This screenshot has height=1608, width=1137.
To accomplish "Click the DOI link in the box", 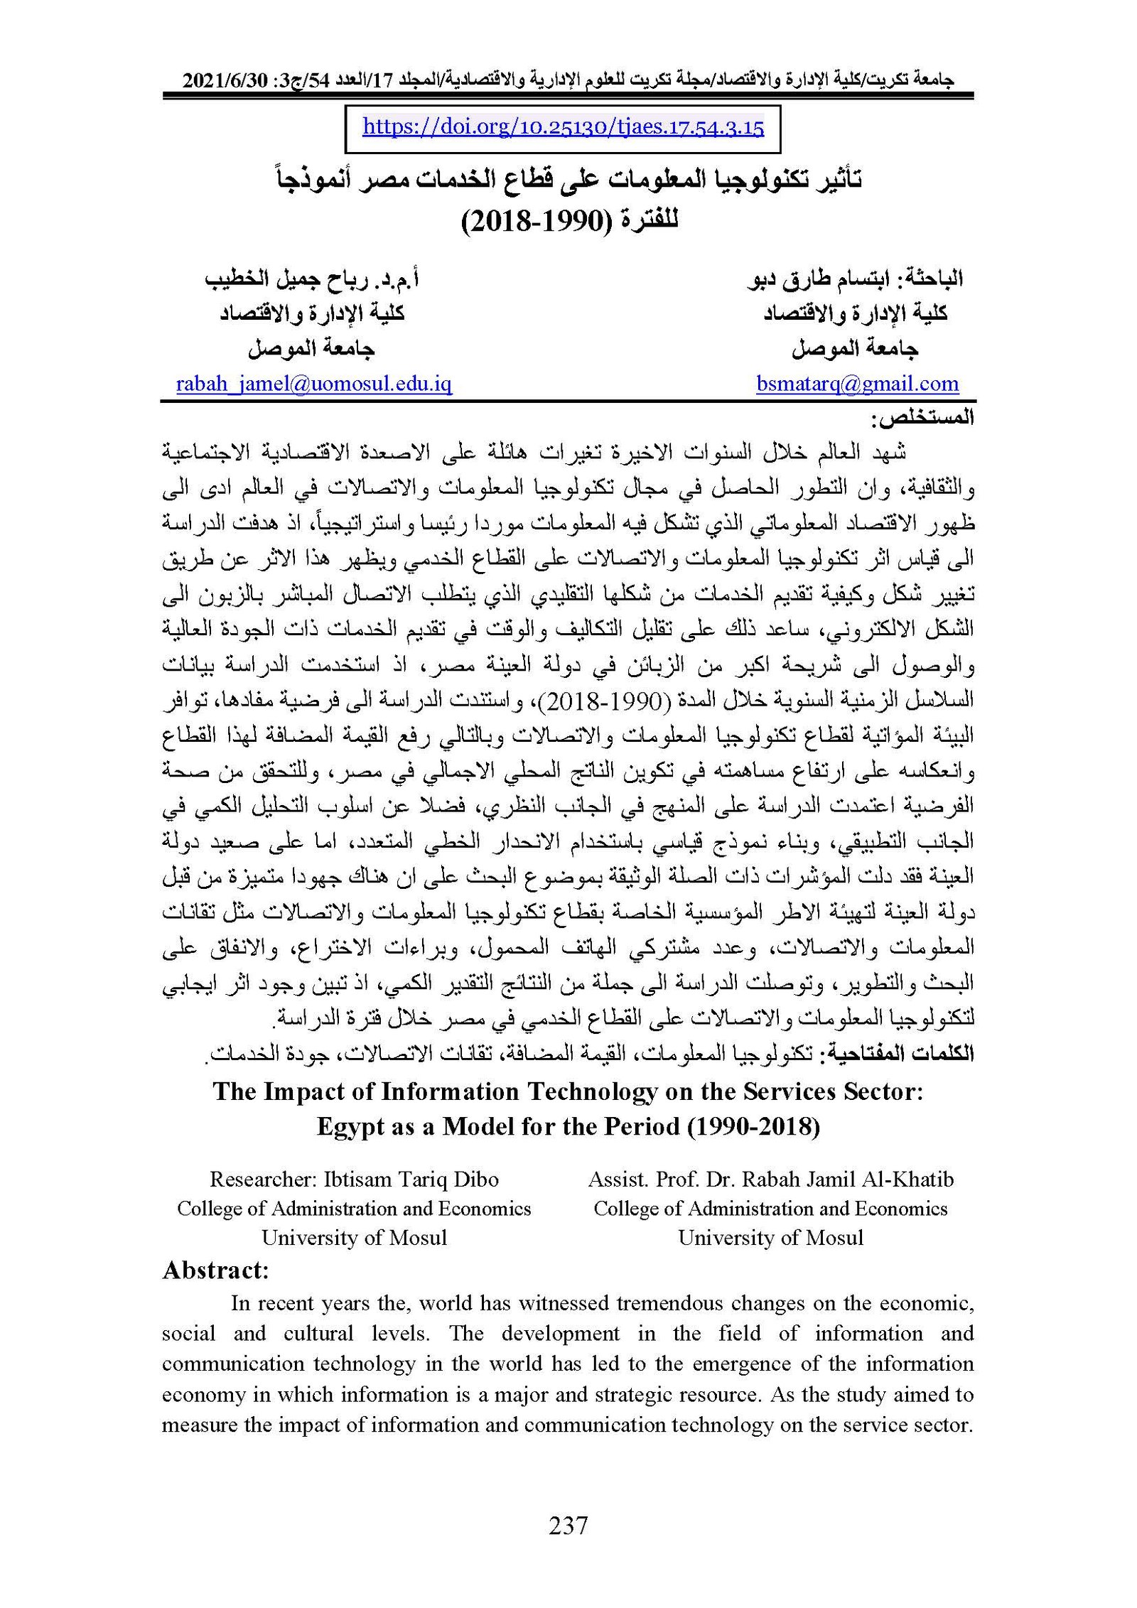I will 563,127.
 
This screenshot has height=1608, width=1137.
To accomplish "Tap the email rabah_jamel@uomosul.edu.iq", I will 313,384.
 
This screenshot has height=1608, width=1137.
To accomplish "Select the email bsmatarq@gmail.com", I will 857,384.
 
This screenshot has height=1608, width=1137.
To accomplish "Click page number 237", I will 568,1526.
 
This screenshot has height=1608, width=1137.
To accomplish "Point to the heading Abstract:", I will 215,1270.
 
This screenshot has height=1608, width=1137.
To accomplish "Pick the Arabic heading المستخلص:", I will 926,418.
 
